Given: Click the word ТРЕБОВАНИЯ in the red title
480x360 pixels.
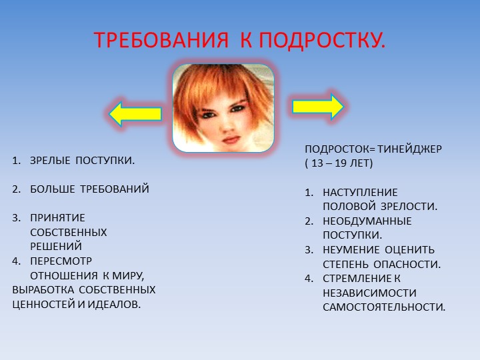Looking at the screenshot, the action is pos(161,40).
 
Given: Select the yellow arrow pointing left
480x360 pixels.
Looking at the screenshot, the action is pos(135,114).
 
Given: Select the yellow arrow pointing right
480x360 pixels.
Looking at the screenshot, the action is pos(318,107).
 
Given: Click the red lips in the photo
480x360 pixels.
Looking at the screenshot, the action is pos(231,140).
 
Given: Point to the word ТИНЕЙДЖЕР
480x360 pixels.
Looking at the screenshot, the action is pos(409,149).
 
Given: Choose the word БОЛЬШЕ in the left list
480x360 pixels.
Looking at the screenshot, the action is pos(53,189).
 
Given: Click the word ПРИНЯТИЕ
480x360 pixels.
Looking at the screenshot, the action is pos(57,218).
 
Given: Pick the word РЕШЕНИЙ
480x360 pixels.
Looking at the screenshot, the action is pos(56,247).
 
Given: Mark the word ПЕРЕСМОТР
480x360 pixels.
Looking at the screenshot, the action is pos(61,261).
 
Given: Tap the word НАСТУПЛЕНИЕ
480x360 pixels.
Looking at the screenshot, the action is pos(360,193).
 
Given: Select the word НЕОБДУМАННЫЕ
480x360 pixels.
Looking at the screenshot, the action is pos(367,221).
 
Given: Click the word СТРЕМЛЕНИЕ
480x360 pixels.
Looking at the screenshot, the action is pos(357,279).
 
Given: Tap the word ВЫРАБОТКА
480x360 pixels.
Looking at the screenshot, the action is pos(43,290).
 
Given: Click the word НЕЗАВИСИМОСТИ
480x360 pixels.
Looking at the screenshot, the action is pos(370,293).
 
